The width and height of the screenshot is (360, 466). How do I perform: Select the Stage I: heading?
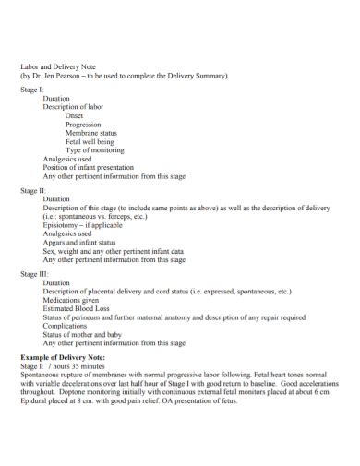point(32,90)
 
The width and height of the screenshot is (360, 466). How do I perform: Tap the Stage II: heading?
point(33,191)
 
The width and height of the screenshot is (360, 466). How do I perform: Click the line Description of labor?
point(73,107)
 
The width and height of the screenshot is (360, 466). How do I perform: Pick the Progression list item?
point(84,125)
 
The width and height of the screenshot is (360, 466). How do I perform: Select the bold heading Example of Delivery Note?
point(63,356)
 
